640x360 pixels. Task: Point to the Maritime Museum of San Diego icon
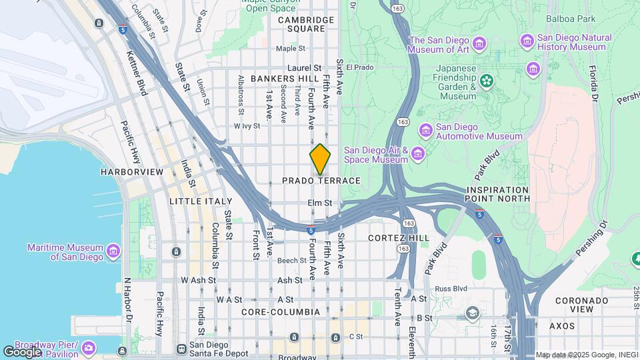113,252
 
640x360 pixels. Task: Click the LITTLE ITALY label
201,201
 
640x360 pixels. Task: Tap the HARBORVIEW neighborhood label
132,172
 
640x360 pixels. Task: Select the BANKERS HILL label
284,79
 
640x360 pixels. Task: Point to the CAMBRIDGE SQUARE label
306,25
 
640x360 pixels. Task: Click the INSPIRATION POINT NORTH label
497,194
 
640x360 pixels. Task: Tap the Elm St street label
320,203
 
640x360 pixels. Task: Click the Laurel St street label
305,68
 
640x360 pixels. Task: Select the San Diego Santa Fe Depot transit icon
181,348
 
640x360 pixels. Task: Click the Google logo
22,351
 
